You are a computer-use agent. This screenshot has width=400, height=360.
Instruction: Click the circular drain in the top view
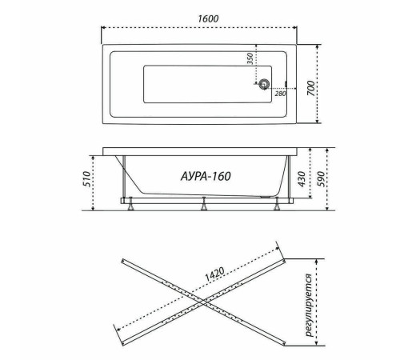pos(264,83)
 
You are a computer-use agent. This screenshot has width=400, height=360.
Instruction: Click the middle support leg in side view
pos(204,205)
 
